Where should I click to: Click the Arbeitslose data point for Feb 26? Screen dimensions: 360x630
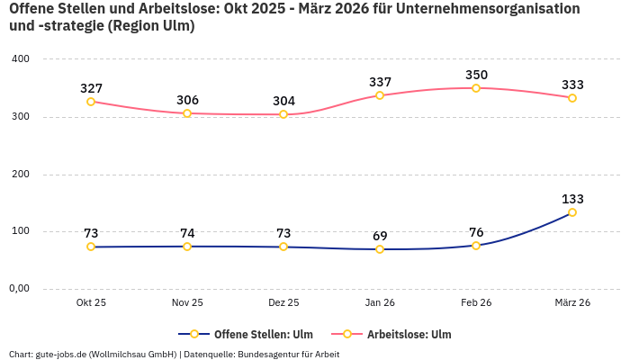pyautogui.click(x=476, y=88)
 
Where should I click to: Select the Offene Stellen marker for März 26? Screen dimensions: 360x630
pyautogui.click(x=572, y=212)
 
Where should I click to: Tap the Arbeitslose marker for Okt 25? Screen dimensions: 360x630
pyautogui.click(x=91, y=102)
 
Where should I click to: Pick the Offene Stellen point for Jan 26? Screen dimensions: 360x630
pyautogui.click(x=380, y=249)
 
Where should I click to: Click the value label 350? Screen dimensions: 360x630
pyautogui.click(x=476, y=75)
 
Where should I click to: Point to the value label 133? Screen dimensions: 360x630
pyautogui.click(x=572, y=199)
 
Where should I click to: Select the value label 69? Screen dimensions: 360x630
pyautogui.click(x=380, y=236)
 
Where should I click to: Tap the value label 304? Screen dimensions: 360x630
pyautogui.click(x=283, y=101)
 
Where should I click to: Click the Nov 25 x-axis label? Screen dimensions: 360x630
pyautogui.click(x=187, y=303)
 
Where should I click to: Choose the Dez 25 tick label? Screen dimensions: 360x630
pyautogui.click(x=283, y=303)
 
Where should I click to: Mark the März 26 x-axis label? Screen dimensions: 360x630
pyautogui.click(x=572, y=303)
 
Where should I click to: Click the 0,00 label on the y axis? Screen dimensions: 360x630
pyautogui.click(x=20, y=289)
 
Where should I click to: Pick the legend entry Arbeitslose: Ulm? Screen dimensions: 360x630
pyautogui.click(x=409, y=334)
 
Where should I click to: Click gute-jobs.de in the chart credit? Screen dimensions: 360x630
pyautogui.click(x=60, y=354)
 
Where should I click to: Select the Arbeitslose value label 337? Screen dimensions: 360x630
pyautogui.click(x=380, y=82)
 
